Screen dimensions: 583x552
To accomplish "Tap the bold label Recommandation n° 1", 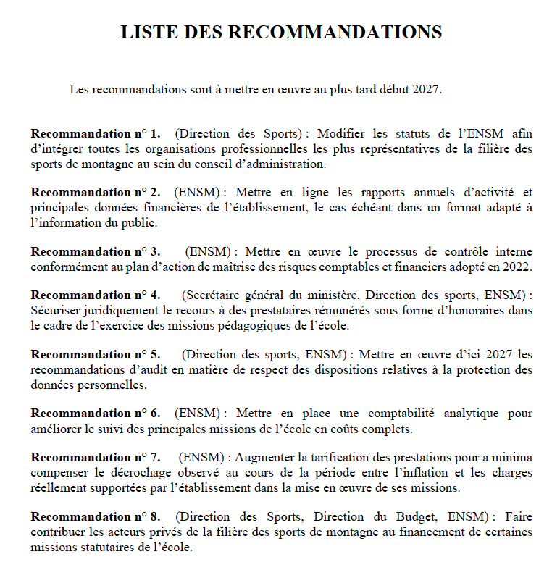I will (x=96, y=134).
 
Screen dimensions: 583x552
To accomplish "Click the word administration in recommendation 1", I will (x=286, y=164).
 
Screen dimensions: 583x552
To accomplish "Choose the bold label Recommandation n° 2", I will (x=96, y=193).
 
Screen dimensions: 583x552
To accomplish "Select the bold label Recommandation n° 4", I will (x=96, y=295).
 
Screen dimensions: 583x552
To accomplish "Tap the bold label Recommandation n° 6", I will (x=96, y=414).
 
